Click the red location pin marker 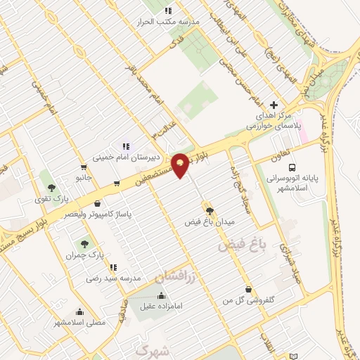coord(181,165)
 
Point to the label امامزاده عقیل coord(162,307)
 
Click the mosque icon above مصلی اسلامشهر coord(79,311)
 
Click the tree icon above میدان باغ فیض coord(209,209)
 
